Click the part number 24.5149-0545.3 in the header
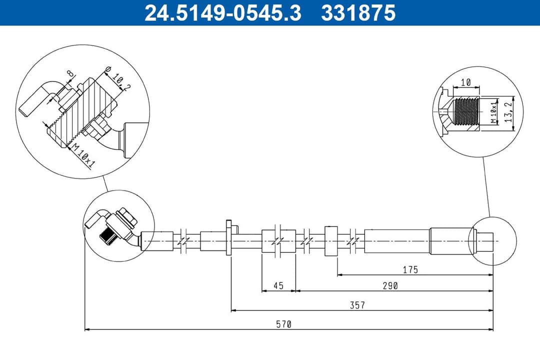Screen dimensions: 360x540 [x=222, y=13]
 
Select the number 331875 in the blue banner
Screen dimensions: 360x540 [x=358, y=13]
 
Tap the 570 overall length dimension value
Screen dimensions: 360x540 [x=283, y=324]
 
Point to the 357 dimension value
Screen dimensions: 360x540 [x=357, y=305]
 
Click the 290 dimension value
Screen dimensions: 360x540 [x=390, y=285]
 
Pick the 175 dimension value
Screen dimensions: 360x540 [x=410, y=269]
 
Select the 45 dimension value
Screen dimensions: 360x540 [x=278, y=285]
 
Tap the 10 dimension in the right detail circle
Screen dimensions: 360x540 [x=465, y=82]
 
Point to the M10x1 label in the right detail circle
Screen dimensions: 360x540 [x=493, y=113]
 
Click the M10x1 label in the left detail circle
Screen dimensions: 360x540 [x=81, y=155]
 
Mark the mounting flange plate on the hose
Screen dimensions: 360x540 [x=229, y=238]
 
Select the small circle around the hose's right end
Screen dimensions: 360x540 [x=493, y=241]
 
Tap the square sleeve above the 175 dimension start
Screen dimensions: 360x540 [x=331, y=240]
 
